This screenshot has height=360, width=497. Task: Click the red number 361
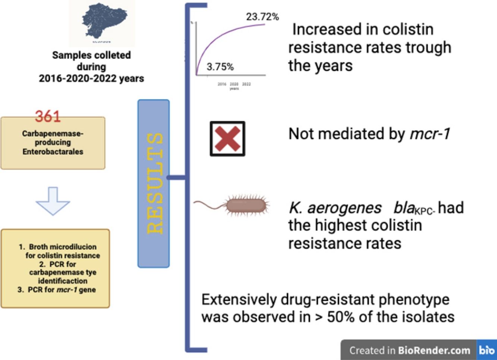tap(48, 116)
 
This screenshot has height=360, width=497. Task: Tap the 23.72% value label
tap(262, 17)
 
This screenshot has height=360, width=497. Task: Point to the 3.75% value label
tap(220, 67)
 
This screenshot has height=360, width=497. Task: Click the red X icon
tap(227, 139)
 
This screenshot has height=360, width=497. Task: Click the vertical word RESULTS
tap(154, 183)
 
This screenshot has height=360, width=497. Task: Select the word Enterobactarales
tap(53, 152)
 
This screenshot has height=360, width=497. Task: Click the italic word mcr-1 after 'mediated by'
tap(430, 133)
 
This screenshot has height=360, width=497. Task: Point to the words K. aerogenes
tap(334, 208)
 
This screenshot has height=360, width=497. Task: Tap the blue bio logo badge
tap(487, 350)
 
